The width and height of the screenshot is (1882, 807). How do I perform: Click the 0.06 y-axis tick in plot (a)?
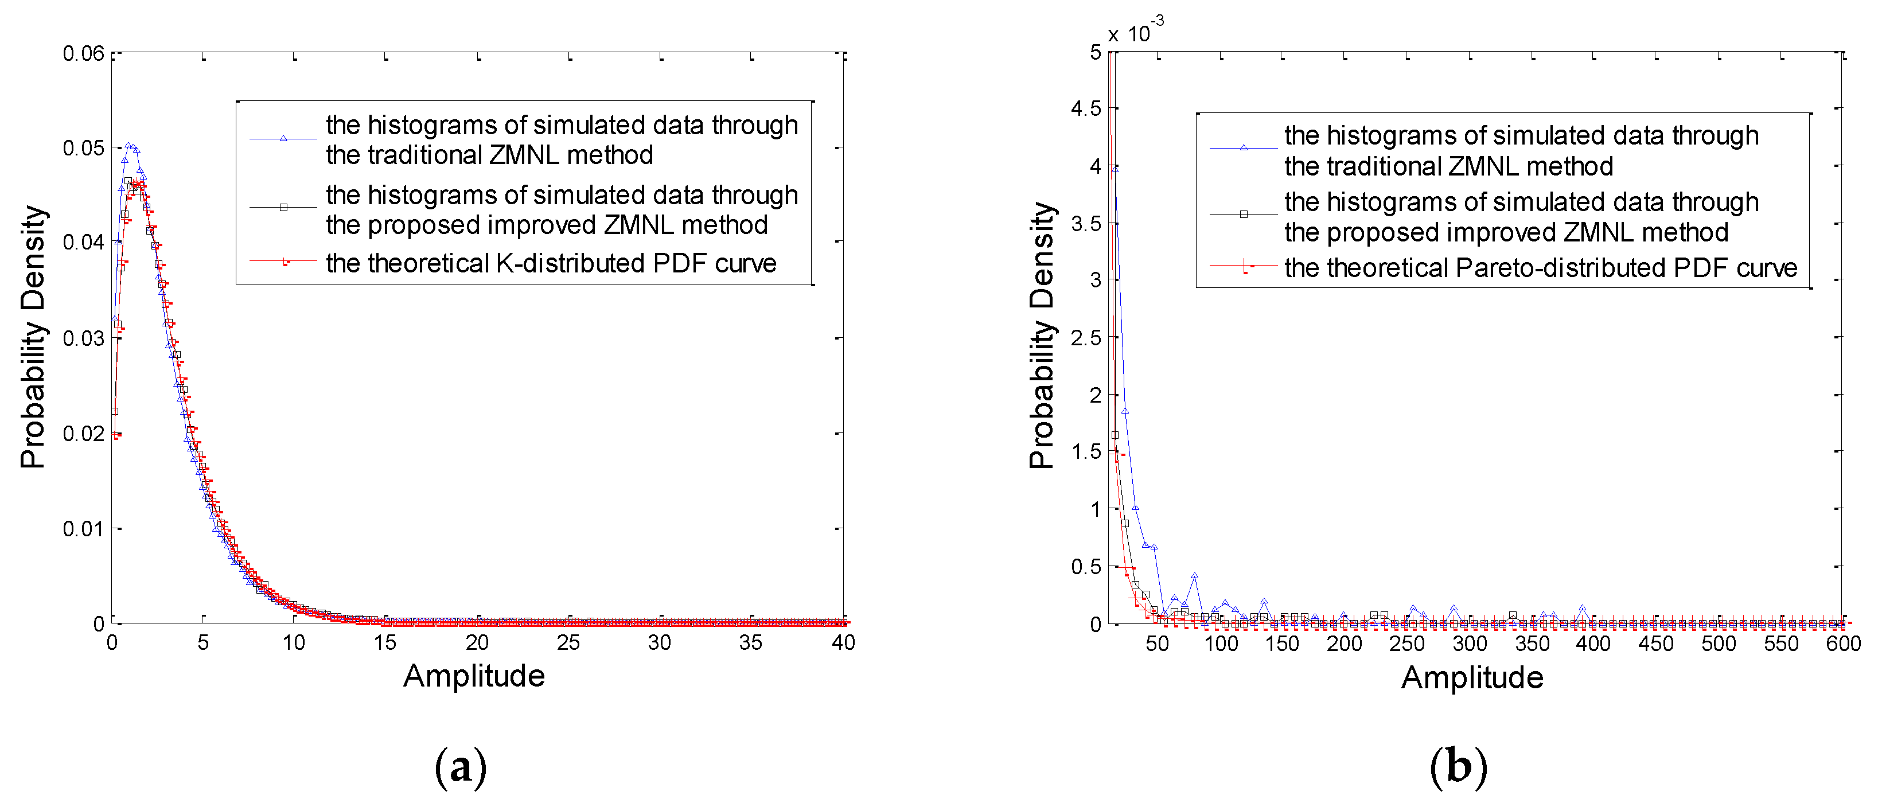83,53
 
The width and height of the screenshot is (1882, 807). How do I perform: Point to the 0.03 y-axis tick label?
83,338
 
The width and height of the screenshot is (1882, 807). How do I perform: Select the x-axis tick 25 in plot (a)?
568,643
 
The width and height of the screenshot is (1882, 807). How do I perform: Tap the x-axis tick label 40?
843,643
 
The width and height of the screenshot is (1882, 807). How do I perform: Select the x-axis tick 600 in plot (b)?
1843,644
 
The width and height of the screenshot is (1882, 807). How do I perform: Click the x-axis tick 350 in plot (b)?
1532,644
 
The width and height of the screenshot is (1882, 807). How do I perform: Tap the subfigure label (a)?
460,767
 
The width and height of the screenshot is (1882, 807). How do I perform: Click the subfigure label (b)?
1458,767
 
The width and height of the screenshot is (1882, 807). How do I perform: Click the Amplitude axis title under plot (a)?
474,676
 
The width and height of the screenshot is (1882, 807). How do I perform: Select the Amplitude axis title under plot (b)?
1472,678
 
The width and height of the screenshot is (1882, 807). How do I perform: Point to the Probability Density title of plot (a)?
33,337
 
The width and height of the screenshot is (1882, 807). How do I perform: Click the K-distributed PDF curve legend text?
551,263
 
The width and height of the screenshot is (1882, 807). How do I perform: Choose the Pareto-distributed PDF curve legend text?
1541,268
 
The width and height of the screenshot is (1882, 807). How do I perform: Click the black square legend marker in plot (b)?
1244,214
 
